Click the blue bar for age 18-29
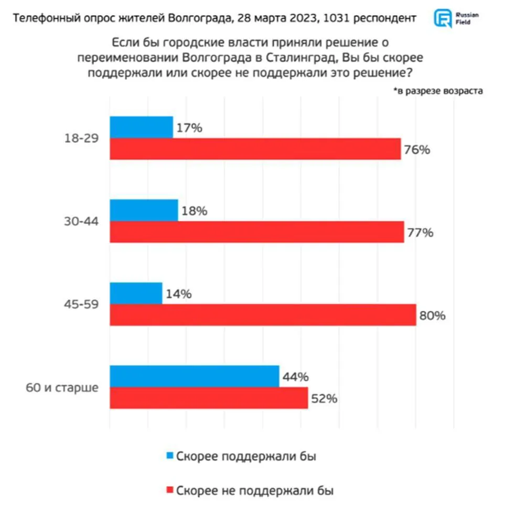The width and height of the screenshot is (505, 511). point(141,127)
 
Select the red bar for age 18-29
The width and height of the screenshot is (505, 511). point(255,149)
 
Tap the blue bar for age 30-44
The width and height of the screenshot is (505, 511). point(144,210)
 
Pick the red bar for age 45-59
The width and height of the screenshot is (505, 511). point(263,315)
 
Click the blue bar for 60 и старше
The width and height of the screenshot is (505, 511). point(194,377)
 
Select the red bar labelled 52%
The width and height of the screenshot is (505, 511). point(209,398)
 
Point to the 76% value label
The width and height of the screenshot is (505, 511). point(417,150)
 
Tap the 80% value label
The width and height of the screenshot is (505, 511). point(433,316)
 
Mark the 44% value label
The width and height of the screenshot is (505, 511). point(296,377)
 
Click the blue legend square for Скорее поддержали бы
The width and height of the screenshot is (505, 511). point(169,456)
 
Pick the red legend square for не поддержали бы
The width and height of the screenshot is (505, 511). point(169,491)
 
